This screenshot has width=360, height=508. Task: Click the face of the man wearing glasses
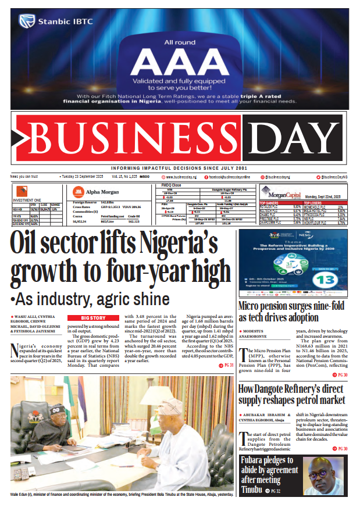[323, 474]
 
